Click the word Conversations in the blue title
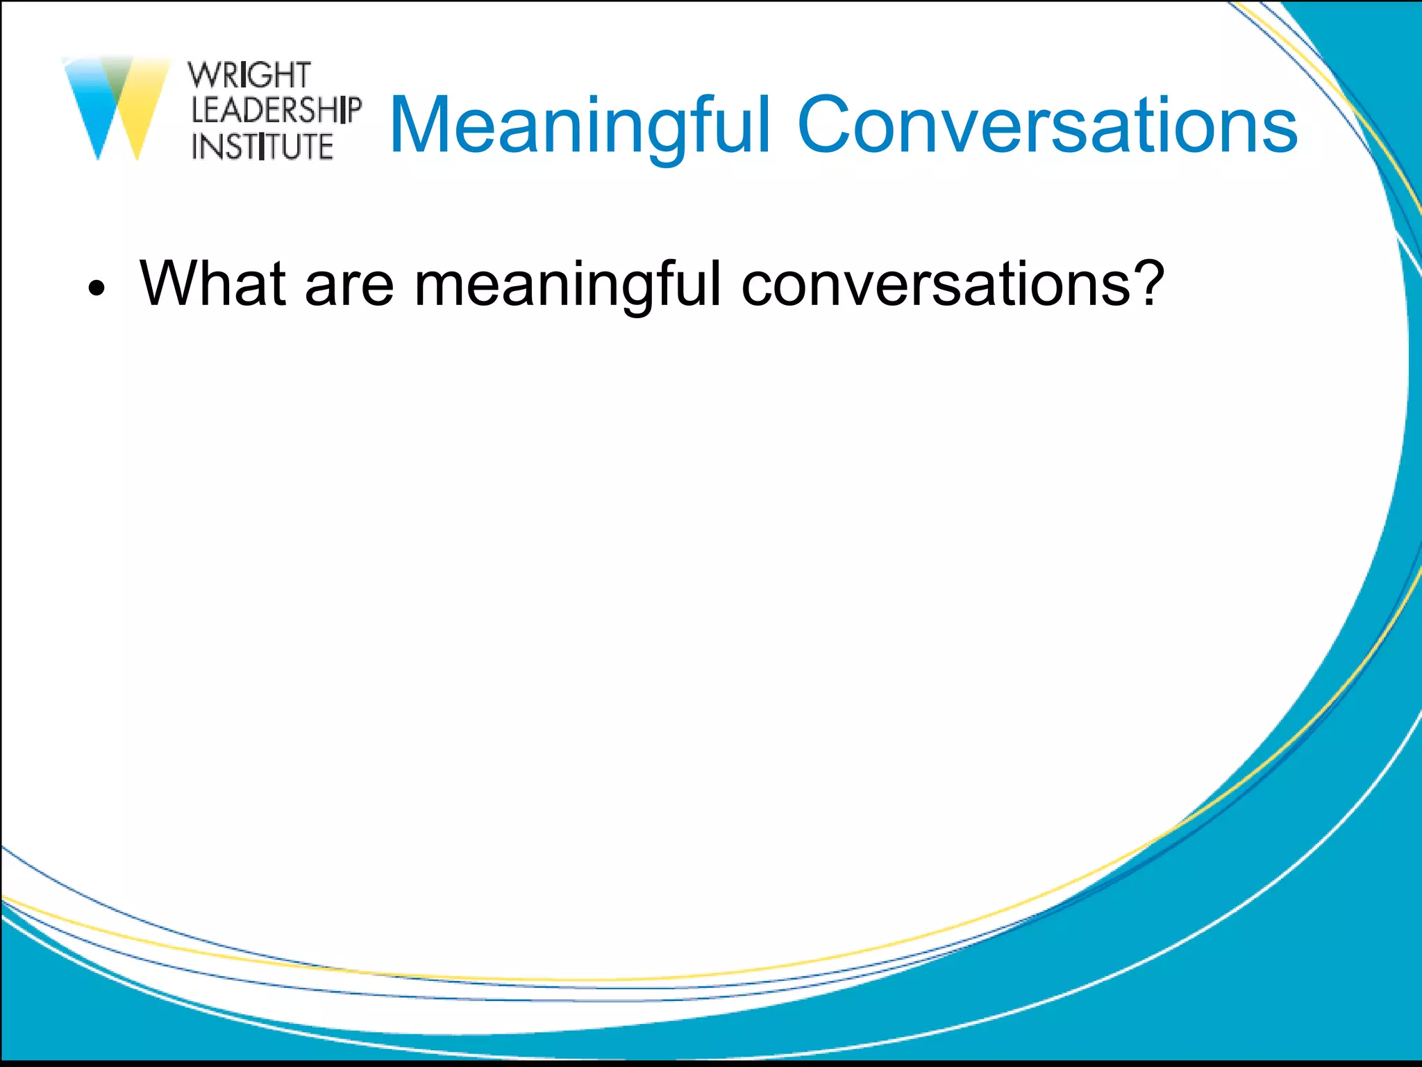(x=1047, y=125)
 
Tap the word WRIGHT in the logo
(x=249, y=75)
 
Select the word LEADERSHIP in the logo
(x=276, y=110)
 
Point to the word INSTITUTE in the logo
(x=262, y=147)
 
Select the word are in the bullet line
(x=349, y=285)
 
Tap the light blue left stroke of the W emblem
(x=90, y=104)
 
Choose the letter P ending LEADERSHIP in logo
(x=353, y=110)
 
